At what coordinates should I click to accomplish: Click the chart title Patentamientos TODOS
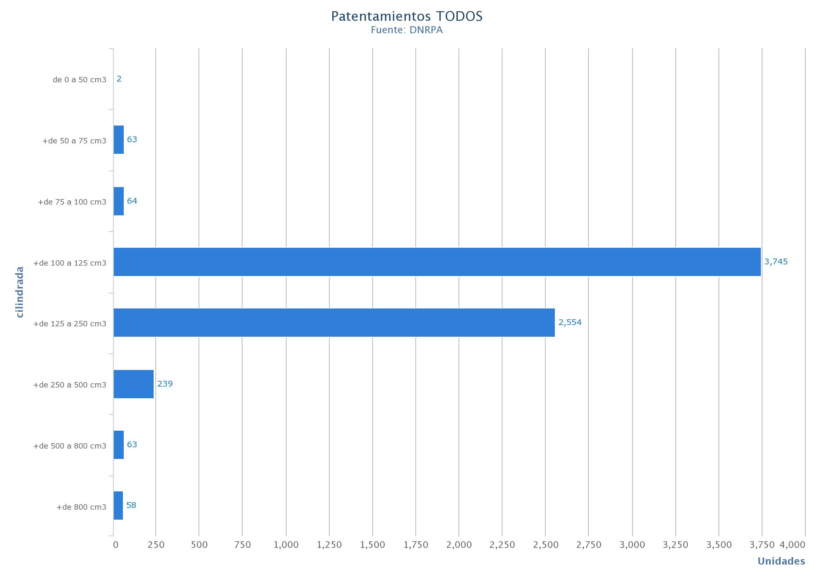pos(407,16)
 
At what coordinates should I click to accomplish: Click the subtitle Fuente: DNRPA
pos(407,30)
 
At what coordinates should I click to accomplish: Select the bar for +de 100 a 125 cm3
pos(437,262)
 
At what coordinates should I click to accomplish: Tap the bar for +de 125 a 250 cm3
pos(334,323)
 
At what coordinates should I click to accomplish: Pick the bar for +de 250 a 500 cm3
pos(134,384)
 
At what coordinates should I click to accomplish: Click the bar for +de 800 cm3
pos(118,506)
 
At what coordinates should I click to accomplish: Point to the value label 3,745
pos(776,261)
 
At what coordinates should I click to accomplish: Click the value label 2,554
pos(570,322)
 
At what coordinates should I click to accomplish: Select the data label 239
pos(165,384)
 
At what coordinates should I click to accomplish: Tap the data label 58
pos(131,505)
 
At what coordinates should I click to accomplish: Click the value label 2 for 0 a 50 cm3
pos(119,79)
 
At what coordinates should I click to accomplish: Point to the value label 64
pos(132,201)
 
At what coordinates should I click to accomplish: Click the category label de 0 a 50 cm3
pos(79,80)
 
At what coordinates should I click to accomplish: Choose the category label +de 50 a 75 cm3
pos(74,141)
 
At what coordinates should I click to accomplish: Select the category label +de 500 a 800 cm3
pos(70,446)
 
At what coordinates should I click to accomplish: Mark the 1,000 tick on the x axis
pos(286,545)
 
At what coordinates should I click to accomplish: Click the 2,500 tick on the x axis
pos(546,545)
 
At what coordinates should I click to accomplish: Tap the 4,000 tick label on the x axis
pos(792,545)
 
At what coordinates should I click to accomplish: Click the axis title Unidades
pos(781,561)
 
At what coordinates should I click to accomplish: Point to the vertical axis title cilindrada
pos(20,292)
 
